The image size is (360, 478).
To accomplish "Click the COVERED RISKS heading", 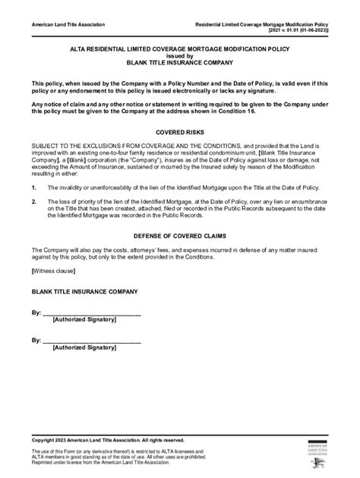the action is click(180, 130).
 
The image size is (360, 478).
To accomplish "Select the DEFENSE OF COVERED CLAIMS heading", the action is click(180, 235).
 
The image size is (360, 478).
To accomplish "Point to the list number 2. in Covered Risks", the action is click(34, 203).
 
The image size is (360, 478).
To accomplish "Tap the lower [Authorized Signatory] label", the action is click(84, 348).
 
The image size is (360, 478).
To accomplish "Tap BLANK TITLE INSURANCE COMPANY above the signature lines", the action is click(84, 291).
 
